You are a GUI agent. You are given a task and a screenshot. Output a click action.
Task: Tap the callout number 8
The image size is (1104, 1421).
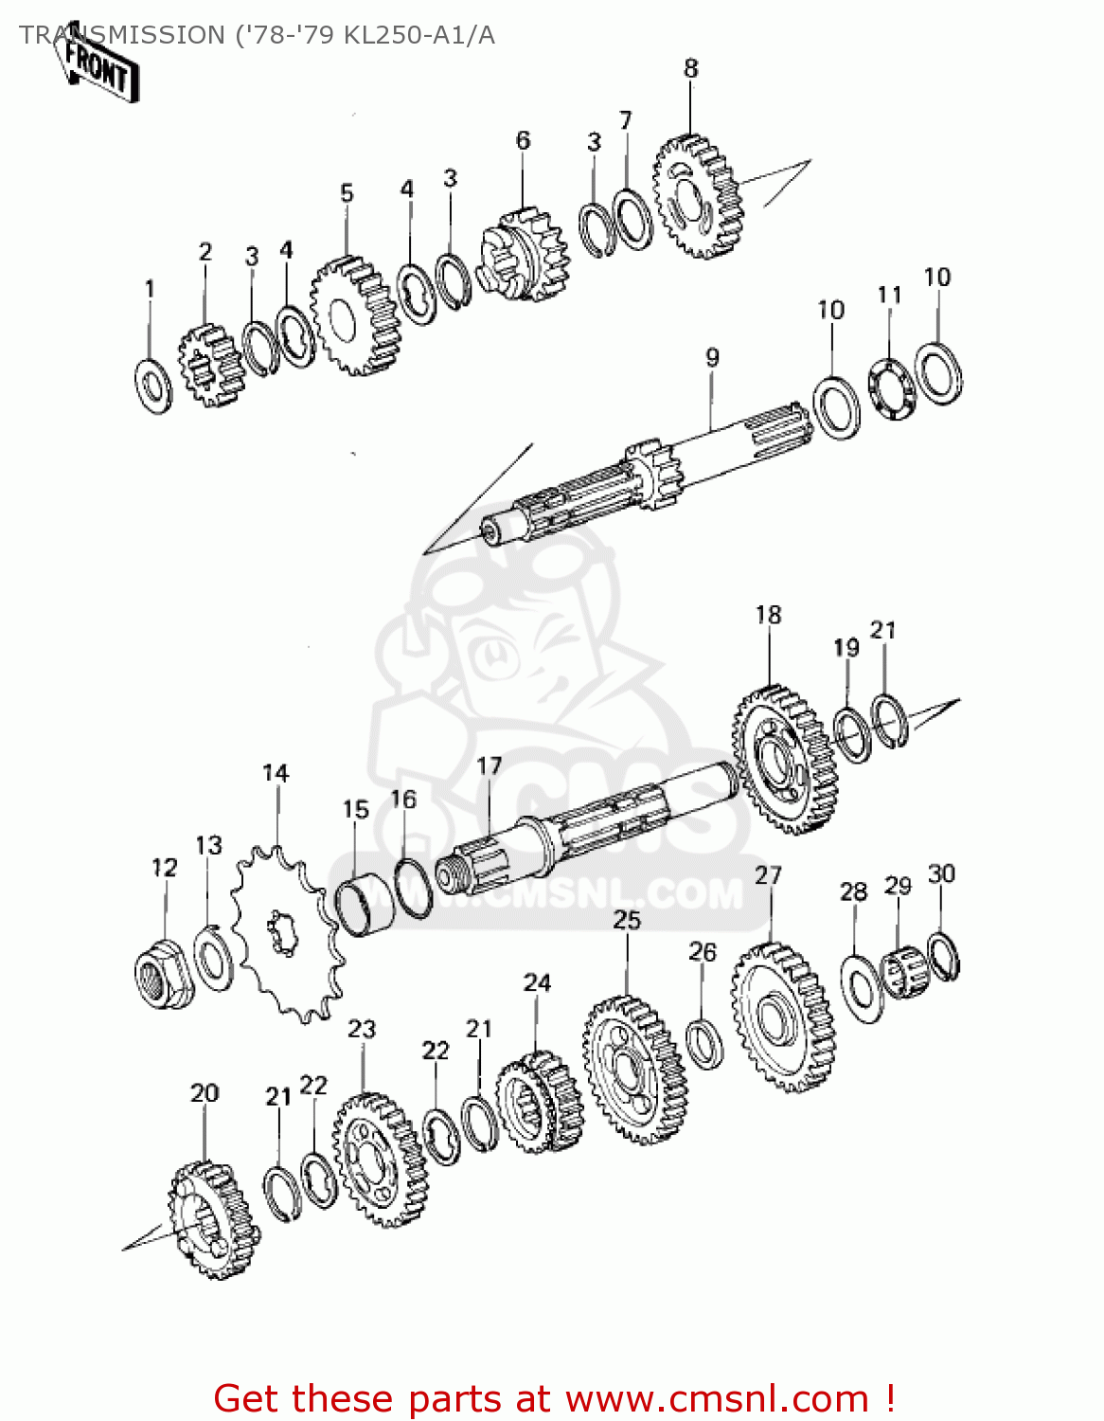click(x=691, y=68)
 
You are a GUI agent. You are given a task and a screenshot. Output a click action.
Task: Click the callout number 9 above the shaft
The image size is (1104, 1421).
click(x=712, y=357)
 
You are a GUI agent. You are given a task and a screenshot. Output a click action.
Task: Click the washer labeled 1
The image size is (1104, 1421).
click(x=153, y=386)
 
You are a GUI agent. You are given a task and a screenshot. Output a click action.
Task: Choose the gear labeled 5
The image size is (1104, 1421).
click(x=354, y=315)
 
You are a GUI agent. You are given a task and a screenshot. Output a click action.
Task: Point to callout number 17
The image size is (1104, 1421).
click(x=489, y=765)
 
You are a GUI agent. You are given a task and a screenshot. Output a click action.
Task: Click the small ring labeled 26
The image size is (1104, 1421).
click(x=704, y=1042)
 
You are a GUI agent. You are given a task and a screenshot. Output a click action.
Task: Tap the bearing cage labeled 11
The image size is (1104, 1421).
click(x=892, y=388)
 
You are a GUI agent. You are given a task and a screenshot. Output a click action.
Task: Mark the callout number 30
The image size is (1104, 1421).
click(x=941, y=873)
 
